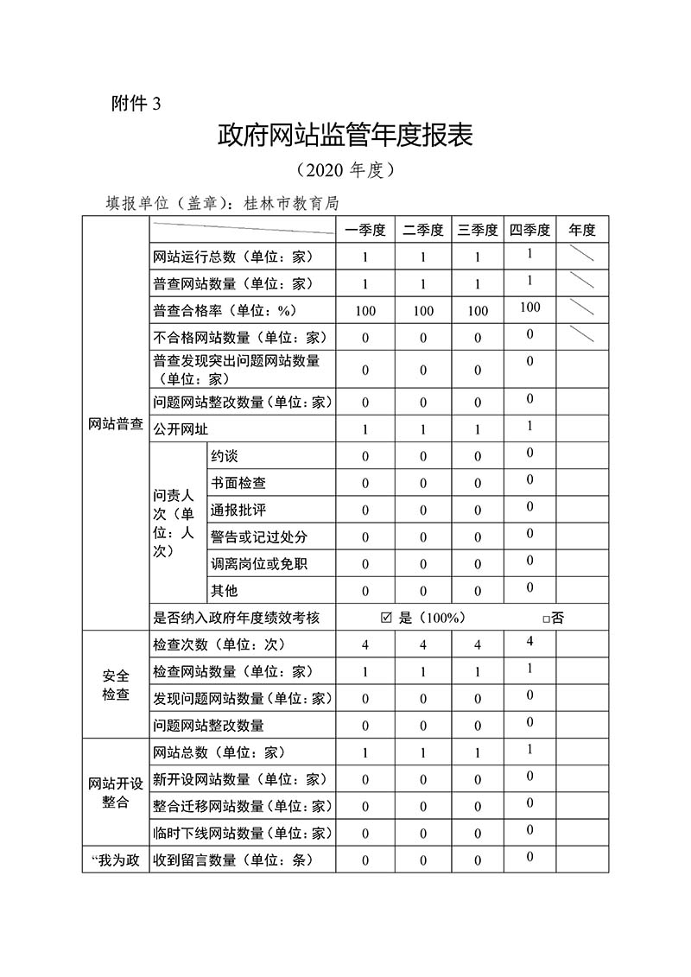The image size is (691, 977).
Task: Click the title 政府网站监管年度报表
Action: [345, 136]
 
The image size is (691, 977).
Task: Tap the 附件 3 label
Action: [136, 104]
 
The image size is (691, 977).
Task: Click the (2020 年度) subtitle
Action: [345, 170]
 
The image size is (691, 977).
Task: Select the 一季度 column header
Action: [365, 230]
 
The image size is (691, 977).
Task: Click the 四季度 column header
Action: [529, 230]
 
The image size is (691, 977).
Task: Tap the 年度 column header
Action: [582, 230]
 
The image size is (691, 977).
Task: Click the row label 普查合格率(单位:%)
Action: [230, 310]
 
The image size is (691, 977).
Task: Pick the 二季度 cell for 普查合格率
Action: [423, 311]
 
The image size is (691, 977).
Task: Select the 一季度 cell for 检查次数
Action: [365, 645]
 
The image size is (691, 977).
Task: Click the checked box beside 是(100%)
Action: [385, 618]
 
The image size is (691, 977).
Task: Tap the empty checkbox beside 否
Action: [546, 619]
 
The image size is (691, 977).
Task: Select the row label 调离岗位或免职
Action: [258, 564]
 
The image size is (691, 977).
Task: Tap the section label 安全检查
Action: [116, 685]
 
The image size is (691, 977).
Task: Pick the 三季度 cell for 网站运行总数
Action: [478, 257]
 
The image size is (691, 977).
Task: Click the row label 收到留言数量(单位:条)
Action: [231, 860]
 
